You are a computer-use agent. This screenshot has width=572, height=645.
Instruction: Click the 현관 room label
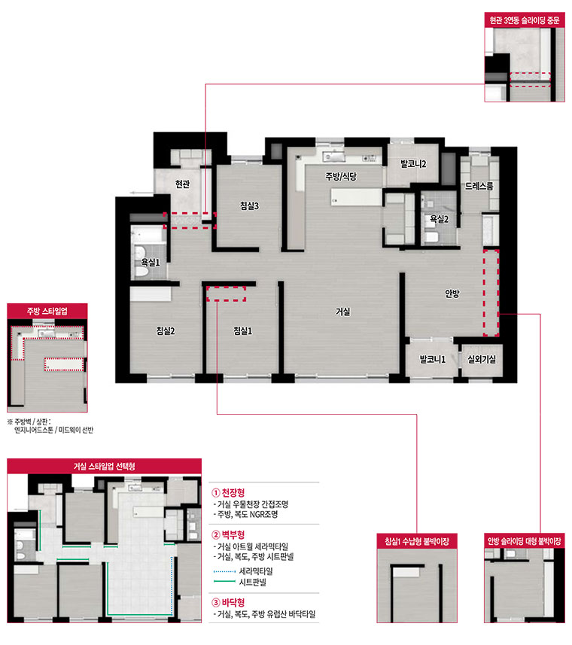[x=183, y=184]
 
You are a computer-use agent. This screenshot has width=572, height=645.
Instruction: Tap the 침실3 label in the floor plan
[x=250, y=205]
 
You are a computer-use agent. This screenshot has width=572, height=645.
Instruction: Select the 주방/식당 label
[x=341, y=176]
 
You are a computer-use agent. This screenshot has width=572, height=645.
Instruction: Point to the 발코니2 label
[x=413, y=164]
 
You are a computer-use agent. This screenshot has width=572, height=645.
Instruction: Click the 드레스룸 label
[x=479, y=186]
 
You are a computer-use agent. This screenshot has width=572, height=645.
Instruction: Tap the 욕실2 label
[x=440, y=219]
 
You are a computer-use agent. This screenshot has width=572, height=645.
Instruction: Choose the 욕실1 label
[x=150, y=262]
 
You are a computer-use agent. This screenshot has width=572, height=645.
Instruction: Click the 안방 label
[x=452, y=294]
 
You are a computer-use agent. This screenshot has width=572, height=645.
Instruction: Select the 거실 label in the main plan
[x=343, y=312]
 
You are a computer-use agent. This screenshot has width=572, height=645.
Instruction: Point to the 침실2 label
[x=166, y=330]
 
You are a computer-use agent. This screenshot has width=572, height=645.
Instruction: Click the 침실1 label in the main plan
[x=242, y=330]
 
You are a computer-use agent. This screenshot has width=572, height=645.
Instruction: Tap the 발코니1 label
[x=433, y=359]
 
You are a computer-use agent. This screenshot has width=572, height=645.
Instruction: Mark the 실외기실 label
[x=482, y=359]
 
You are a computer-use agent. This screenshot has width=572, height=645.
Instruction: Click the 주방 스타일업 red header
[x=47, y=311]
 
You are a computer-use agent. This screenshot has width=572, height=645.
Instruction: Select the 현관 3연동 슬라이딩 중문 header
[x=525, y=20]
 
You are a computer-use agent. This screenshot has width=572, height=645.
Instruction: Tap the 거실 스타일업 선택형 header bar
[x=104, y=466]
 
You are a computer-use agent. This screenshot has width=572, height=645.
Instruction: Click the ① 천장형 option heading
[x=228, y=493]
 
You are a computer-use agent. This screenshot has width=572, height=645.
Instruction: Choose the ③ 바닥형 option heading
[x=228, y=603]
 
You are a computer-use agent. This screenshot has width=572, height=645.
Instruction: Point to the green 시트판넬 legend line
[x=224, y=581]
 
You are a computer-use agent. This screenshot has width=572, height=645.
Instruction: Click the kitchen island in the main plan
[x=356, y=197]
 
